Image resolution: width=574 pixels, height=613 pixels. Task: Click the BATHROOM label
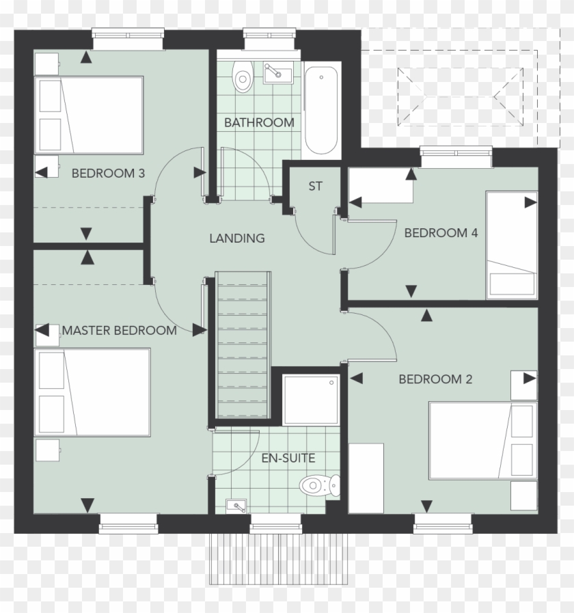click(259, 123)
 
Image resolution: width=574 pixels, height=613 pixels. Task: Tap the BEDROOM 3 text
click(108, 173)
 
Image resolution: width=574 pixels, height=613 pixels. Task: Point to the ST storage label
click(315, 186)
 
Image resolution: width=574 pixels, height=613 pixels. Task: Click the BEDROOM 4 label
click(441, 233)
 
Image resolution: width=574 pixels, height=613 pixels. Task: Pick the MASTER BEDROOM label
click(120, 331)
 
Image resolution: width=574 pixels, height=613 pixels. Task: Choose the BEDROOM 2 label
click(435, 379)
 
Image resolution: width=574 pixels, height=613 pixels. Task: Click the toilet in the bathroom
click(242, 79)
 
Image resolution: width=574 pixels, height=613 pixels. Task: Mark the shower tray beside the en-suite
click(311, 399)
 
